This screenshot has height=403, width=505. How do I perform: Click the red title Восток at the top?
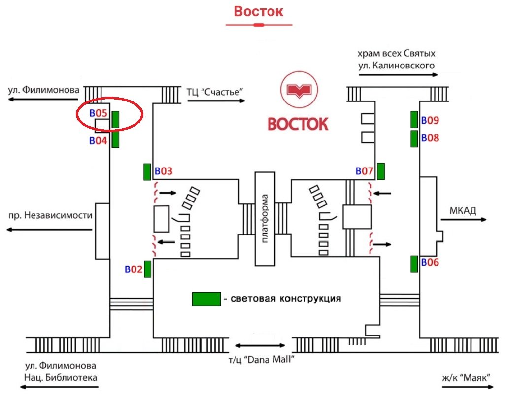(259, 11)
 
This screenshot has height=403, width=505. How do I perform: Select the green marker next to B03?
(147, 172)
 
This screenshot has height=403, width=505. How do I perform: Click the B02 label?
(133, 269)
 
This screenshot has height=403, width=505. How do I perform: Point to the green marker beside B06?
(414, 264)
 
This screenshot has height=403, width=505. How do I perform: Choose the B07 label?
(365, 171)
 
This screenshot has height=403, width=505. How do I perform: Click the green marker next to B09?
(414, 120)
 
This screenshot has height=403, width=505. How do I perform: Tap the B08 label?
(430, 138)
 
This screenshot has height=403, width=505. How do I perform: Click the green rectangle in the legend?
(206, 299)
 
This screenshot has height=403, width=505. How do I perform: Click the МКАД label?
(463, 211)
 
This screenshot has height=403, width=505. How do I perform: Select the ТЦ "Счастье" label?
(215, 91)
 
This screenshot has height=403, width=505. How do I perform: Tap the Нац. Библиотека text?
(61, 377)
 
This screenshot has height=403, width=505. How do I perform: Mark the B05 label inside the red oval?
(99, 113)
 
